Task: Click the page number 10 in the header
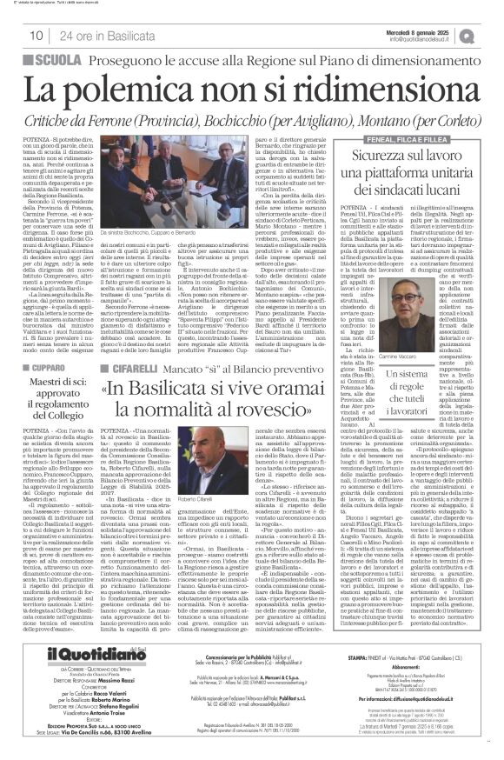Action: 37,35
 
